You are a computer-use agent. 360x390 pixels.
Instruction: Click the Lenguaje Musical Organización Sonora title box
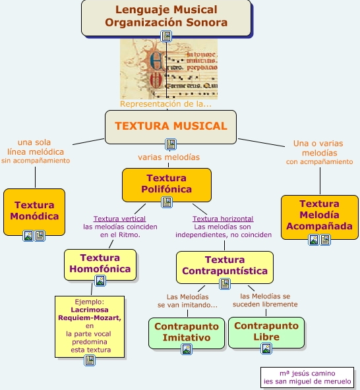166,16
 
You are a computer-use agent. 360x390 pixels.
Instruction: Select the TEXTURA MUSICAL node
170,126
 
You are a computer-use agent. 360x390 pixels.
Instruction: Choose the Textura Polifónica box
167,183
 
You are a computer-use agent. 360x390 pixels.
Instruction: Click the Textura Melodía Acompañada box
320,215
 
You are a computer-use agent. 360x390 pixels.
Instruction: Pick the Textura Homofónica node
100,263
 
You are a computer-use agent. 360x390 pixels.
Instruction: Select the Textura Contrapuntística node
224,265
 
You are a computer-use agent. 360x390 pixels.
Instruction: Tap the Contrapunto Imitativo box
187,332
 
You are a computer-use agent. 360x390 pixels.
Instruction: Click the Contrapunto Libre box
266,331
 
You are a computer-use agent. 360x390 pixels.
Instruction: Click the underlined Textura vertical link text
119,219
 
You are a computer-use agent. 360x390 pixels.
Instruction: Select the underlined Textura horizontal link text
223,219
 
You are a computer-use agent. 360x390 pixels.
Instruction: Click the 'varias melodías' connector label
169,157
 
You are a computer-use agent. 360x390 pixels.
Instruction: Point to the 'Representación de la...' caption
166,104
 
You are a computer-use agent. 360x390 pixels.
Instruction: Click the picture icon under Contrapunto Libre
266,348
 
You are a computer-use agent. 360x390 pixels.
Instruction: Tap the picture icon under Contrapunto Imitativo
187,349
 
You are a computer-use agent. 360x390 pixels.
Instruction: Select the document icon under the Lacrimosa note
90,361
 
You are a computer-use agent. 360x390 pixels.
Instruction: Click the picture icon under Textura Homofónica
100,281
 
